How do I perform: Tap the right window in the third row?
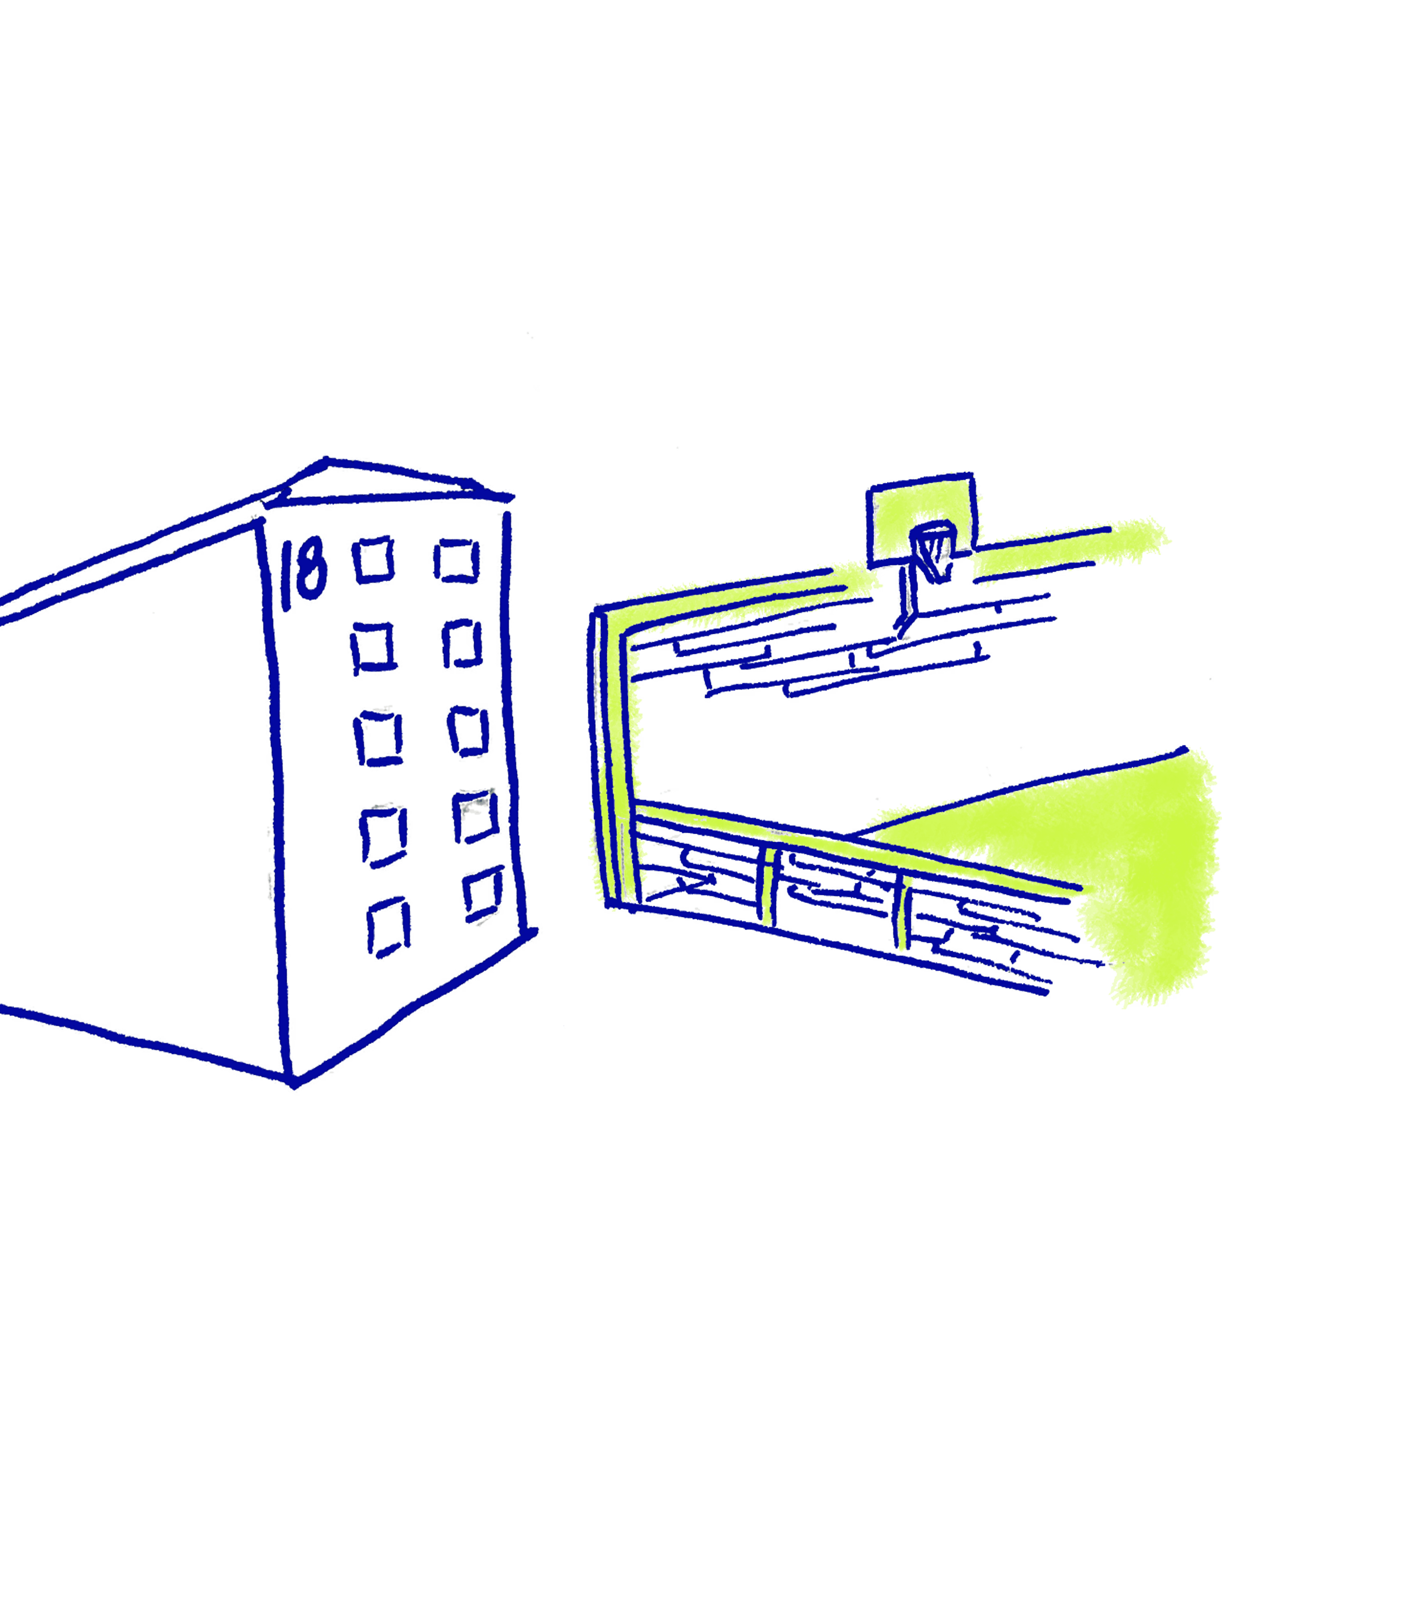pyautogui.click(x=470, y=729)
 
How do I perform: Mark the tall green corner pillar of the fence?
pyautogui.click(x=613, y=754)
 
